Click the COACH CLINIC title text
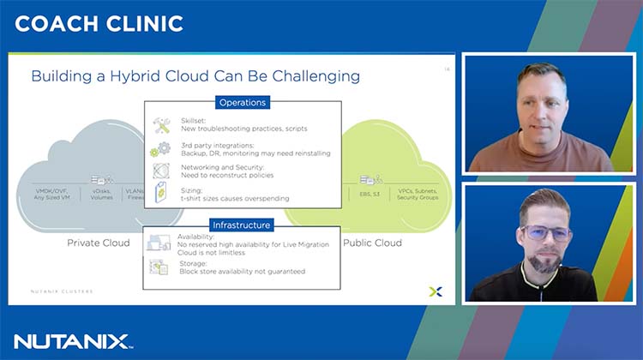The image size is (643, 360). pos(99,23)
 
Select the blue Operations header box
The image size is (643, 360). pos(243,102)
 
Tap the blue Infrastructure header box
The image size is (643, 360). pos(243,225)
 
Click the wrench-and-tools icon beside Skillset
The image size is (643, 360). pos(161,124)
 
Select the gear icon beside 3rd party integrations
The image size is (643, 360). pos(161,148)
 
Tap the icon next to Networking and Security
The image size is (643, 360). pos(161,171)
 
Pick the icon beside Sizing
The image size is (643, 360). pos(161,194)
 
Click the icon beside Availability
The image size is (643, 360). pos(159,243)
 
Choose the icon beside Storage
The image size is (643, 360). pos(159,267)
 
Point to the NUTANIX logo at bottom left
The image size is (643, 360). pos(73,341)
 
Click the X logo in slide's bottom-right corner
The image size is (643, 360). pos(435,292)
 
